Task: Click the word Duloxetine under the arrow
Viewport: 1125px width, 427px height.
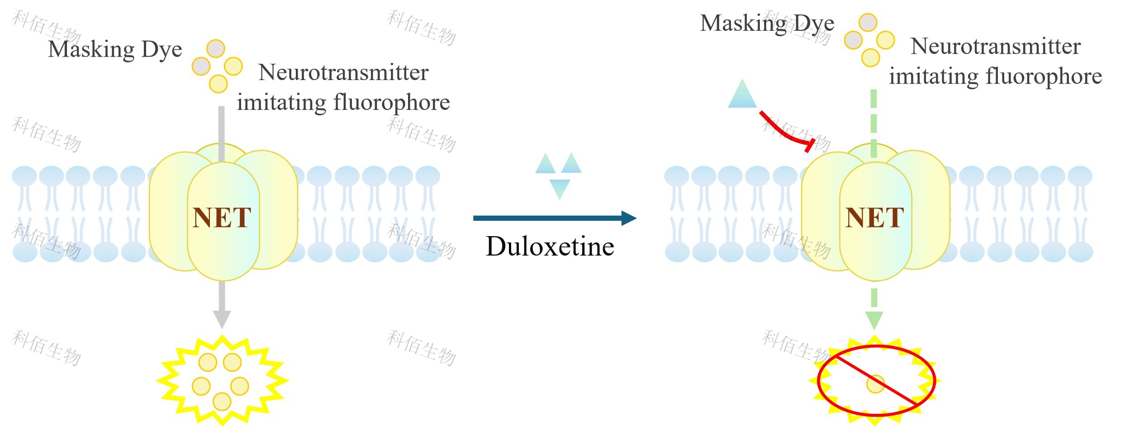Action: pyautogui.click(x=550, y=247)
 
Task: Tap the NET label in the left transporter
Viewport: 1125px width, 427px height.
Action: pyautogui.click(x=222, y=218)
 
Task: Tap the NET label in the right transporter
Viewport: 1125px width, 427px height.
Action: pyautogui.click(x=874, y=218)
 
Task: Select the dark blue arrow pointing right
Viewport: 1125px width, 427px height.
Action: pyautogui.click(x=554, y=218)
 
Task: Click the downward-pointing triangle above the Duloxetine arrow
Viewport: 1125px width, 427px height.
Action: pyautogui.click(x=560, y=188)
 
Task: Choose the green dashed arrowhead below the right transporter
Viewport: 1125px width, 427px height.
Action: pyautogui.click(x=874, y=319)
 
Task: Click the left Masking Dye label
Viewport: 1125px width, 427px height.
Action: pyautogui.click(x=115, y=49)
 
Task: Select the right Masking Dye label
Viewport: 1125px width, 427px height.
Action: pyautogui.click(x=767, y=23)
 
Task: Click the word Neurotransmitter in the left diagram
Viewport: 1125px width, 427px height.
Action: pyautogui.click(x=343, y=73)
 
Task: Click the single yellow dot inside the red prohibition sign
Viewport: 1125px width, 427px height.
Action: pyautogui.click(x=875, y=384)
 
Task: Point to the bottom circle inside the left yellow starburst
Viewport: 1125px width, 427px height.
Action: pyautogui.click(x=222, y=401)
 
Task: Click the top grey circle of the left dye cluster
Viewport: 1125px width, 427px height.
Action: pyautogui.click(x=216, y=48)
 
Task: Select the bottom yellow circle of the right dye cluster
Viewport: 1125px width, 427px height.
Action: pyautogui.click(x=870, y=57)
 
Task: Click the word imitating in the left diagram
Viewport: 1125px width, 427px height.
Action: pyautogui.click(x=281, y=103)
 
